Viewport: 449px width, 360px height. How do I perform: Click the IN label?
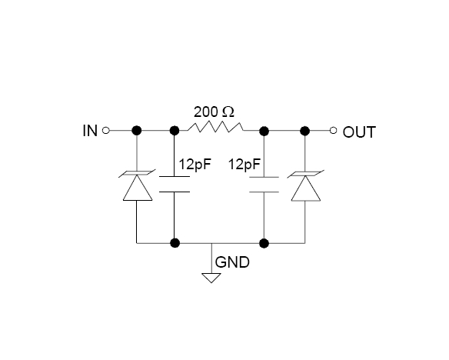pyautogui.click(x=90, y=131)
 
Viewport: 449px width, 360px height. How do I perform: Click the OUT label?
pyautogui.click(x=359, y=132)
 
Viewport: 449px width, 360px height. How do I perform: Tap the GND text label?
pyautogui.click(x=232, y=262)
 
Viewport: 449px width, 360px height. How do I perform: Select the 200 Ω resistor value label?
pyautogui.click(x=214, y=112)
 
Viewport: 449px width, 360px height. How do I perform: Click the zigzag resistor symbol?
pyautogui.click(x=215, y=127)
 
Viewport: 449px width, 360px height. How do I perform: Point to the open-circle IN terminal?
pyautogui.click(x=105, y=131)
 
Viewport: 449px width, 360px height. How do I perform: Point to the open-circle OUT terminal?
pyautogui.click(x=334, y=131)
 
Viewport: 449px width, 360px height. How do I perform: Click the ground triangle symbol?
pyautogui.click(x=211, y=278)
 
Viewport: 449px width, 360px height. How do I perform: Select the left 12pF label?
pyautogui.click(x=195, y=165)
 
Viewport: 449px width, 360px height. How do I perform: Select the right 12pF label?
pyautogui.click(x=244, y=165)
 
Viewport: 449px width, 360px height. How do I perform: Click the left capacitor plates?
pyautogui.click(x=175, y=184)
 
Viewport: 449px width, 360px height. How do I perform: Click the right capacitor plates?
pyautogui.click(x=264, y=185)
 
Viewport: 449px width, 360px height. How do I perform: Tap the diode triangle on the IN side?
pyautogui.click(x=138, y=188)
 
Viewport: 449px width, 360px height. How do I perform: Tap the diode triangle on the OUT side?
pyautogui.click(x=305, y=188)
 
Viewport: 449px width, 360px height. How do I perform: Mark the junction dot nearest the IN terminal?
pyautogui.click(x=137, y=131)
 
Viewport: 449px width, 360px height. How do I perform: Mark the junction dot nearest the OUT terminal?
pyautogui.click(x=305, y=132)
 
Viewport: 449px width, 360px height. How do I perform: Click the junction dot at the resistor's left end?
pyautogui.click(x=175, y=131)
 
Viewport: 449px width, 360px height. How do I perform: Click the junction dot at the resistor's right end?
pyautogui.click(x=264, y=132)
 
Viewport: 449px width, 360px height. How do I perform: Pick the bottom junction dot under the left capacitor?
pyautogui.click(x=175, y=243)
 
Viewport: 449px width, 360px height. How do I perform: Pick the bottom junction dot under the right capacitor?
pyautogui.click(x=264, y=243)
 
